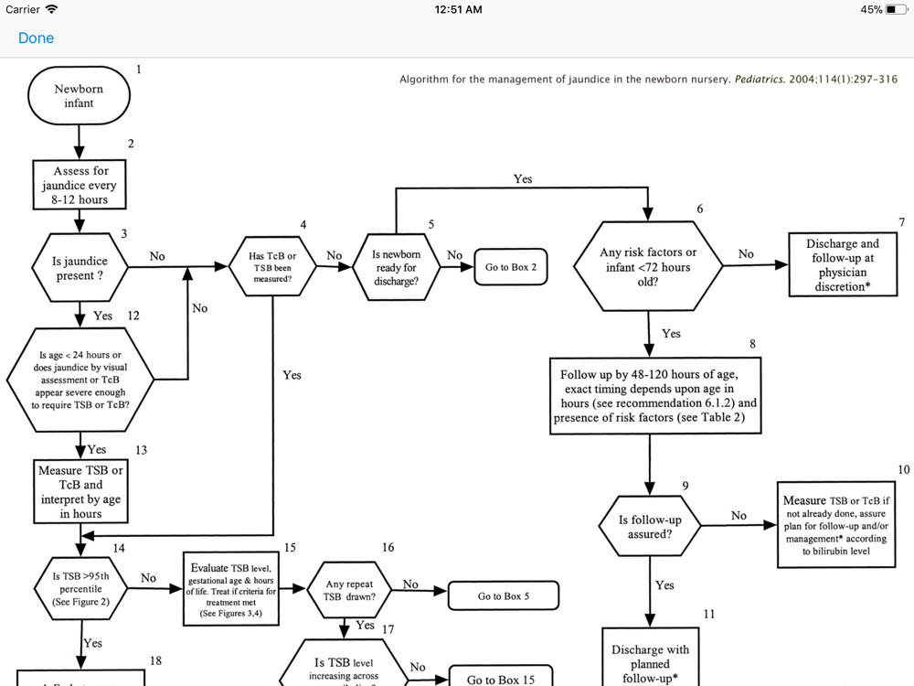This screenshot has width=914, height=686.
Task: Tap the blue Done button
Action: tap(36, 38)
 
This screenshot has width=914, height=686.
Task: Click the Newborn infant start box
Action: tap(79, 96)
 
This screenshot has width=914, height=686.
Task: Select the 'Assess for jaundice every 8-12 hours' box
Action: tap(80, 185)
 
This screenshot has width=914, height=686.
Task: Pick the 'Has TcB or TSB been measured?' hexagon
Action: tap(273, 267)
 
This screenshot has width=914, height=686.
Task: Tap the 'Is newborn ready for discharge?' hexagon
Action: tap(396, 267)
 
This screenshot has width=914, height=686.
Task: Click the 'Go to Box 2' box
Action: tap(511, 267)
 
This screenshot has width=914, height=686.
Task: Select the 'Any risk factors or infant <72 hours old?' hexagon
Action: tap(647, 267)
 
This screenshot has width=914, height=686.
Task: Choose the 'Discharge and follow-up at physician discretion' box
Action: tap(842, 265)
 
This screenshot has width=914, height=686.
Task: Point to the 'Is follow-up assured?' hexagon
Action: tap(649, 527)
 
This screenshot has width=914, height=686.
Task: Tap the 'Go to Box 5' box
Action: tap(503, 596)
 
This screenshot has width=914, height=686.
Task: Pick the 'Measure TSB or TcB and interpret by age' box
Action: tap(80, 492)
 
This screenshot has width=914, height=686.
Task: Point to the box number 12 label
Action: tap(133, 316)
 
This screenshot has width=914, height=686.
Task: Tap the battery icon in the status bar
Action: tap(896, 10)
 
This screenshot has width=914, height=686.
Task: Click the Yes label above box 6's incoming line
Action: tap(523, 179)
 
